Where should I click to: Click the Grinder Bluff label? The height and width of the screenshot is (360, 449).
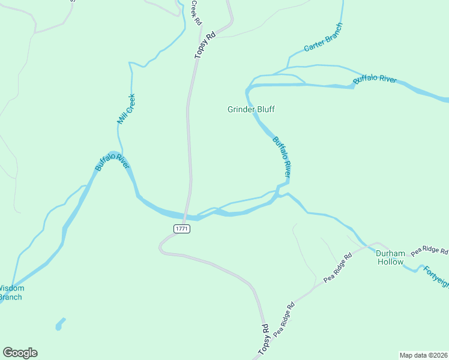click(x=251, y=109)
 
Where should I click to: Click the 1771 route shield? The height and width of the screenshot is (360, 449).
click(x=182, y=229)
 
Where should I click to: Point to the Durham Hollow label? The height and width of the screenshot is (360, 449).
click(x=390, y=257)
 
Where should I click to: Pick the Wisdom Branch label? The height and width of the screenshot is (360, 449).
click(x=10, y=292)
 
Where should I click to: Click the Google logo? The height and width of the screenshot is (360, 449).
click(x=20, y=353)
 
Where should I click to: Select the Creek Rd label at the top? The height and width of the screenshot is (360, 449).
click(x=196, y=11)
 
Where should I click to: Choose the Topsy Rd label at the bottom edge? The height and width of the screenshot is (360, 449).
click(x=264, y=340)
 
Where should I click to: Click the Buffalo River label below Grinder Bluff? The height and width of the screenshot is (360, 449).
click(x=282, y=157)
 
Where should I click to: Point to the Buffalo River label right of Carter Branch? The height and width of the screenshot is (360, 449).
click(x=375, y=79)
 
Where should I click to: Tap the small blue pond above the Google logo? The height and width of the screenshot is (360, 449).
click(x=59, y=324)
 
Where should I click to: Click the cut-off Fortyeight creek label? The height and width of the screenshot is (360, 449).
click(x=436, y=275)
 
